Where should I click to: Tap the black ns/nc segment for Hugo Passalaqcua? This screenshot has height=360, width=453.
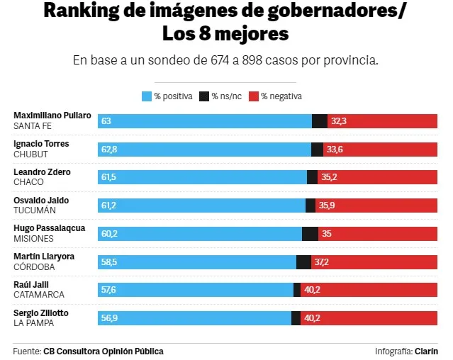pos(310,234)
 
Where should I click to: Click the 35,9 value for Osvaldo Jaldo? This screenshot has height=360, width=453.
pos(327,206)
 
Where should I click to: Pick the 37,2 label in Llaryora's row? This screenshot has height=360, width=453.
pos(322,262)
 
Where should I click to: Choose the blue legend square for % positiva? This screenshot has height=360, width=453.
pos(147,96)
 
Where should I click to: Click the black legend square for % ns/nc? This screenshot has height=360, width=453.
pos(204,96)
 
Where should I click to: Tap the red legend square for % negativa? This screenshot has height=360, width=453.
pos(254,96)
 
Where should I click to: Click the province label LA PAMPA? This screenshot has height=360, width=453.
pos(33,323)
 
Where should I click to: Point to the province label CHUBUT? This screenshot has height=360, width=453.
pos(30,153)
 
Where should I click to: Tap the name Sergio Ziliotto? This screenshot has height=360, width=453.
pos(41,313)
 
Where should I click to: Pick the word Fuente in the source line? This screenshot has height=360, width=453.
pos(26,351)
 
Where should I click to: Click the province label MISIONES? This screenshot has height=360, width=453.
pos(33,238)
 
